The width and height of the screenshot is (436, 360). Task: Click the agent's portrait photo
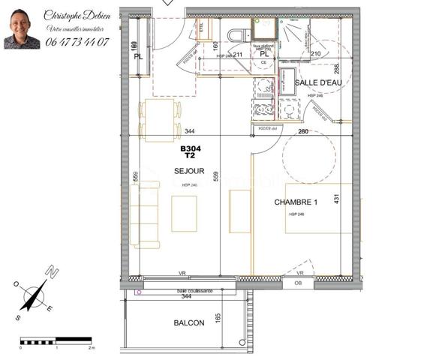point(22,29)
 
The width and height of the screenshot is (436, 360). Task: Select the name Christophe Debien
point(77,15)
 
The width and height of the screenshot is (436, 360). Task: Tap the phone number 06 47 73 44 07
point(77,42)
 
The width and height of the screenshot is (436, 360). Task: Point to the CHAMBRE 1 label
point(296,202)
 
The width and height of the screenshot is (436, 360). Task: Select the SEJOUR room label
point(188,171)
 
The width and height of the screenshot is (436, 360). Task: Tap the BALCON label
point(188,322)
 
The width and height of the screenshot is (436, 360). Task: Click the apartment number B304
point(191,148)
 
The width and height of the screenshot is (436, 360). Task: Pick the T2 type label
point(191,156)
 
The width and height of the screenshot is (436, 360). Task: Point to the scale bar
point(56,340)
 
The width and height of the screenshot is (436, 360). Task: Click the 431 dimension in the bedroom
point(338,199)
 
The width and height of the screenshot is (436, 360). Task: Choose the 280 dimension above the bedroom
point(302,133)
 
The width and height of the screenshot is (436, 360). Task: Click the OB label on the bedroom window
point(298,283)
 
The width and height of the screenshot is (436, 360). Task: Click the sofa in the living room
point(144,214)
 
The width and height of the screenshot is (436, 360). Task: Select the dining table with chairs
point(159,120)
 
